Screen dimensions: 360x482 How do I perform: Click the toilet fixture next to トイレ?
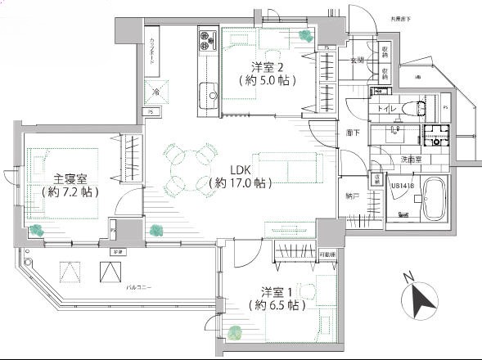[421, 107]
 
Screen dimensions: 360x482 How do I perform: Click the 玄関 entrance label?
[358, 61]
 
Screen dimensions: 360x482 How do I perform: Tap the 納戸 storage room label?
[353, 196]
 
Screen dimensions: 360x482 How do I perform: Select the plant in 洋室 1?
[236, 332]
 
